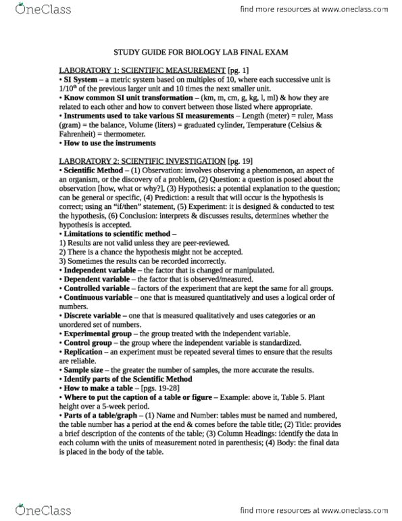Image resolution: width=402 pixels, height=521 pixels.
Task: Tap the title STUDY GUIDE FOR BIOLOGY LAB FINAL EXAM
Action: tap(201, 52)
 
